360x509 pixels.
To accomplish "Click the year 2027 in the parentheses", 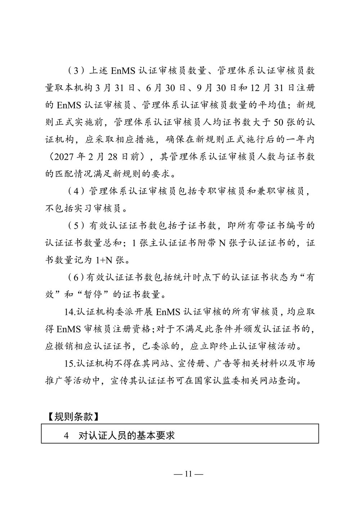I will click(64, 157).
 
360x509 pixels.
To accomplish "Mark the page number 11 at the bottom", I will click(188, 474).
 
